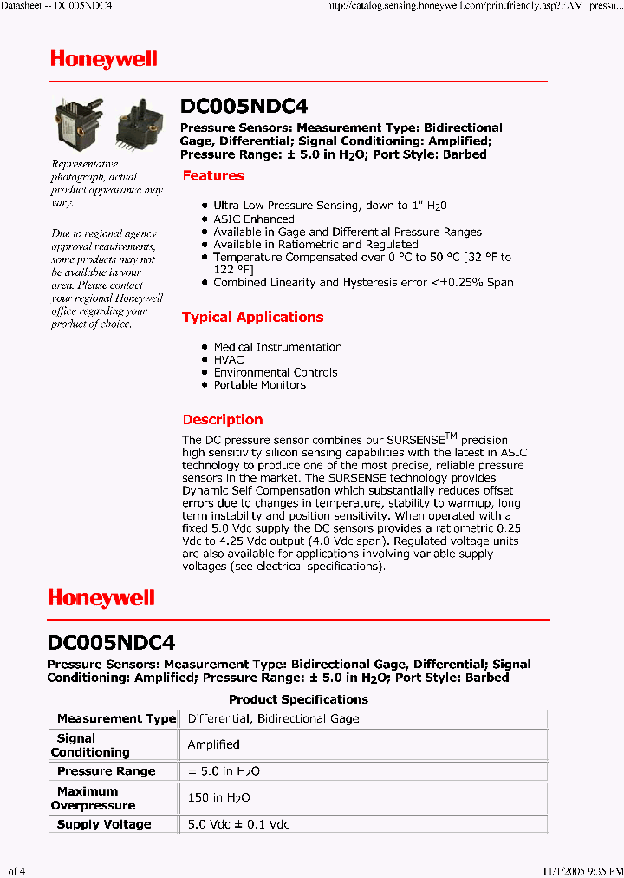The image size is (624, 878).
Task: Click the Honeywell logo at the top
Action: (103, 59)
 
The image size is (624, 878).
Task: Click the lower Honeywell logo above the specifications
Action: (101, 598)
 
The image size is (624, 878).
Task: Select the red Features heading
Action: (213, 176)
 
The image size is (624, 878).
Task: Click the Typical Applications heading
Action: (252, 318)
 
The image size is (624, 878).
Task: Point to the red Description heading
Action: (223, 420)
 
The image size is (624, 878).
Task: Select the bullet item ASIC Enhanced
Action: (254, 219)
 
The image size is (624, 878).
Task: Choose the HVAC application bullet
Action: (229, 359)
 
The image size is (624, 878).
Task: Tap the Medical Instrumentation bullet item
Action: (277, 347)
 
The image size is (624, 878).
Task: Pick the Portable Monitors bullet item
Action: (259, 384)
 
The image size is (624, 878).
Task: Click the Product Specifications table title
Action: (298, 699)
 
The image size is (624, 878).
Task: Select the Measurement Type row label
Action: (116, 718)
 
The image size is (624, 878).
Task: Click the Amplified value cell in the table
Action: (213, 744)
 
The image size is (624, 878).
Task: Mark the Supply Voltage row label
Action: (104, 824)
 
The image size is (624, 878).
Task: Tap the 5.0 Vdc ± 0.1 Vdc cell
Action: (238, 824)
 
